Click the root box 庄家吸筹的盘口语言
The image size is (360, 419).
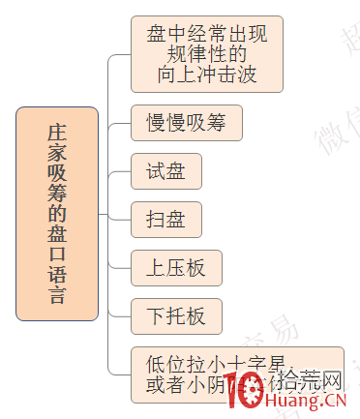pyautogui.click(x=57, y=214)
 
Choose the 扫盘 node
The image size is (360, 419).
pyautogui.click(x=166, y=219)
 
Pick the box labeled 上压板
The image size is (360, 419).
pyautogui.click(x=176, y=267)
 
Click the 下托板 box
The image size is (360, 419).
pyautogui.click(x=176, y=314)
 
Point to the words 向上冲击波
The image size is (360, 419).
pyautogui.click(x=207, y=75)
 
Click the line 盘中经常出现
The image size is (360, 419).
pyautogui.click(x=207, y=34)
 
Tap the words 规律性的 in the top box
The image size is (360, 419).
pyautogui.click(x=207, y=54)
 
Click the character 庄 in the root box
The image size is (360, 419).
pyautogui.click(x=57, y=132)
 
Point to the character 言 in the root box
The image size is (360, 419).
pyautogui.click(x=57, y=296)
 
